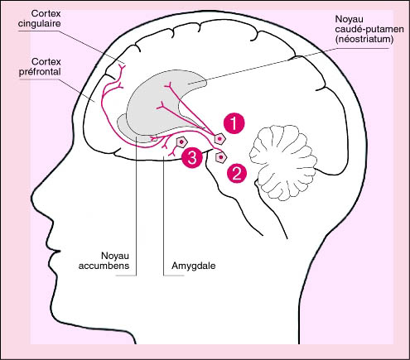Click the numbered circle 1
234,123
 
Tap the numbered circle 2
237,173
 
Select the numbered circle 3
192,158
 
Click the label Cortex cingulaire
39,18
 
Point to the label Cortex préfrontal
40,67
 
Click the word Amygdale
194,266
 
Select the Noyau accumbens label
104,261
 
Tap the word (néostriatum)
364,39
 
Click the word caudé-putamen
369,29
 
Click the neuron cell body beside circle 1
219,139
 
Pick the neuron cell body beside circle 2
220,157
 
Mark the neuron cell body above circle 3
181,142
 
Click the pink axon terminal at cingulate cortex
122,68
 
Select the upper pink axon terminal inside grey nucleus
168,85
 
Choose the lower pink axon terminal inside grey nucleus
160,106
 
